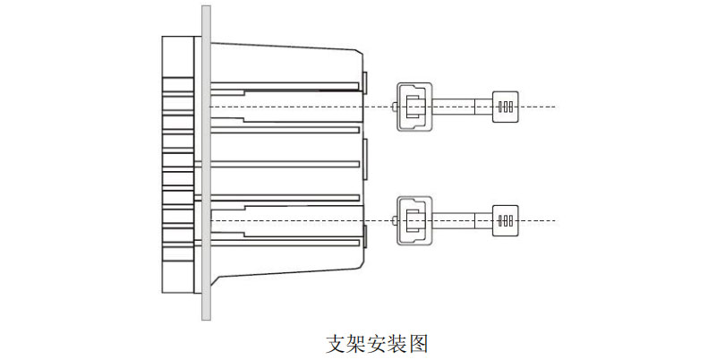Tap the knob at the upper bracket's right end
506,107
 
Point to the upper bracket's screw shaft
462,107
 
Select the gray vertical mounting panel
206,161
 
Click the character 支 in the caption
335,343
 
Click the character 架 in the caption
355,343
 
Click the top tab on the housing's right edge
365,81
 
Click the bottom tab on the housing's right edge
365,236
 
